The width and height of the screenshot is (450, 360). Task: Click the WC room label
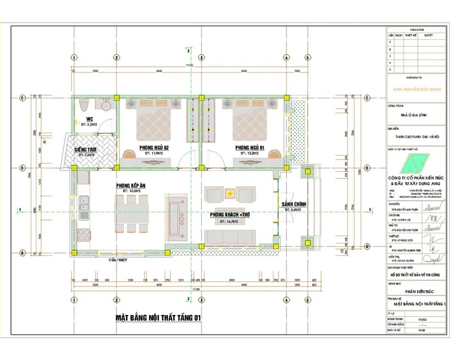point(89,119)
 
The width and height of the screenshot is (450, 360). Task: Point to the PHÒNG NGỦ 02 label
point(154,147)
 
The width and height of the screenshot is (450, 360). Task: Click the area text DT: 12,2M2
point(249,153)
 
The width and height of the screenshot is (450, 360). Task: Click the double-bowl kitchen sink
point(83,200)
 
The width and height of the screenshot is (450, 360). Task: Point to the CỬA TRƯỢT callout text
point(118,260)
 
